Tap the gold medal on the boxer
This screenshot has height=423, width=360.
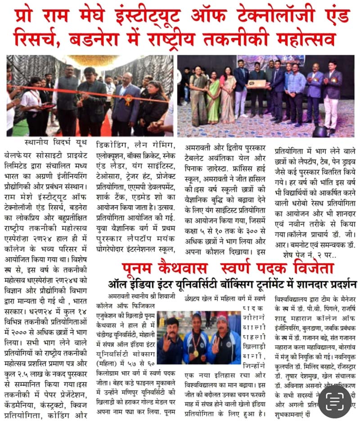[x=197, y=353]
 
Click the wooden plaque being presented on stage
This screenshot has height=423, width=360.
[x=257, y=84]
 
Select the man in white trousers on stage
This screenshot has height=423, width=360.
[x=331, y=97]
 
